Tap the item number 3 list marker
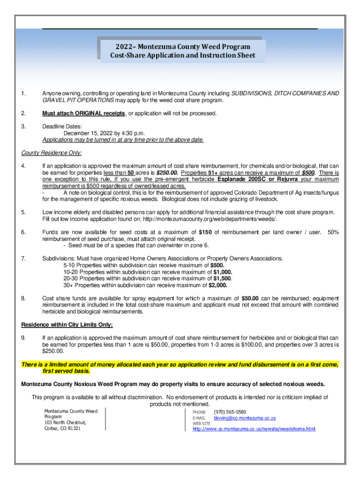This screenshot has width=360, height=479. [x=23, y=126]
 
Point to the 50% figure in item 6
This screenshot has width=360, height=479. [x=333, y=232]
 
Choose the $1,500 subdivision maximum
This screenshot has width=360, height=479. [x=223, y=278]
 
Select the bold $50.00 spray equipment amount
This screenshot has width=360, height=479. [x=250, y=298]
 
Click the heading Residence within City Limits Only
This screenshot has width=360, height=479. [x=67, y=325]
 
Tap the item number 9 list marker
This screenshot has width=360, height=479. [x=23, y=338]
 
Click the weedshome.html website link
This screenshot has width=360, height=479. [x=254, y=428]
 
